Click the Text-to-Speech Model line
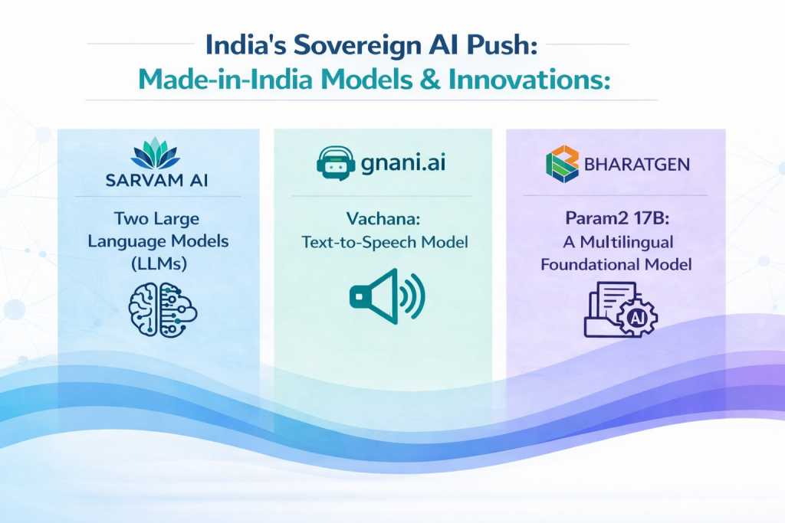click(x=383, y=242)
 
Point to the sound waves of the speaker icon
click(x=412, y=294)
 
